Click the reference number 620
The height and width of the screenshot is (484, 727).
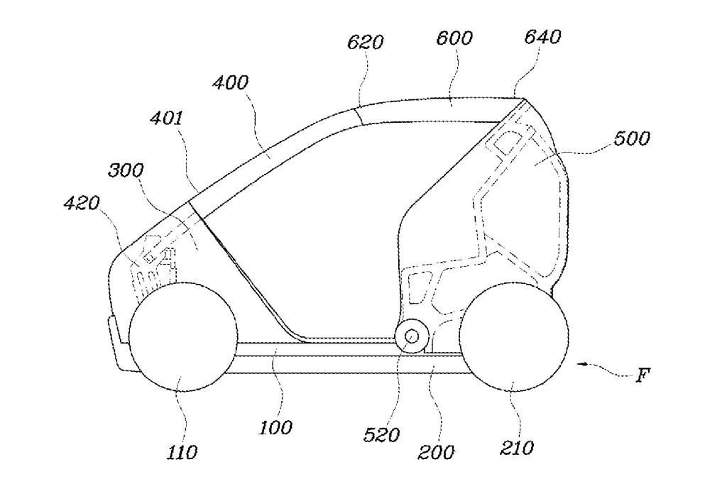point(366,42)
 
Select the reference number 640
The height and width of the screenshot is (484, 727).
point(542,36)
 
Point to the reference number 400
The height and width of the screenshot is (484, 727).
point(231,83)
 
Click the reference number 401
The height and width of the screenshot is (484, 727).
point(165,119)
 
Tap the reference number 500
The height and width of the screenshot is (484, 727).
point(631,138)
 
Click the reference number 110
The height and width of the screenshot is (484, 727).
point(182,451)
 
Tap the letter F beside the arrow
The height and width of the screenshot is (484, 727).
point(641,375)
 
